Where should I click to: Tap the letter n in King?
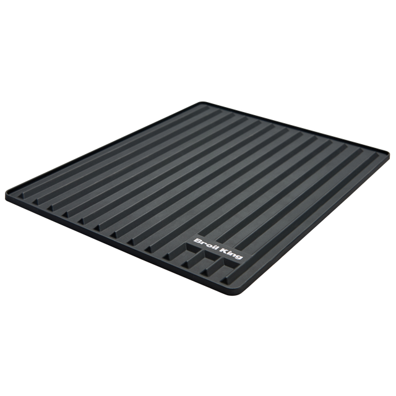(234, 254)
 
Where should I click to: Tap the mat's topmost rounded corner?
(201, 103)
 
